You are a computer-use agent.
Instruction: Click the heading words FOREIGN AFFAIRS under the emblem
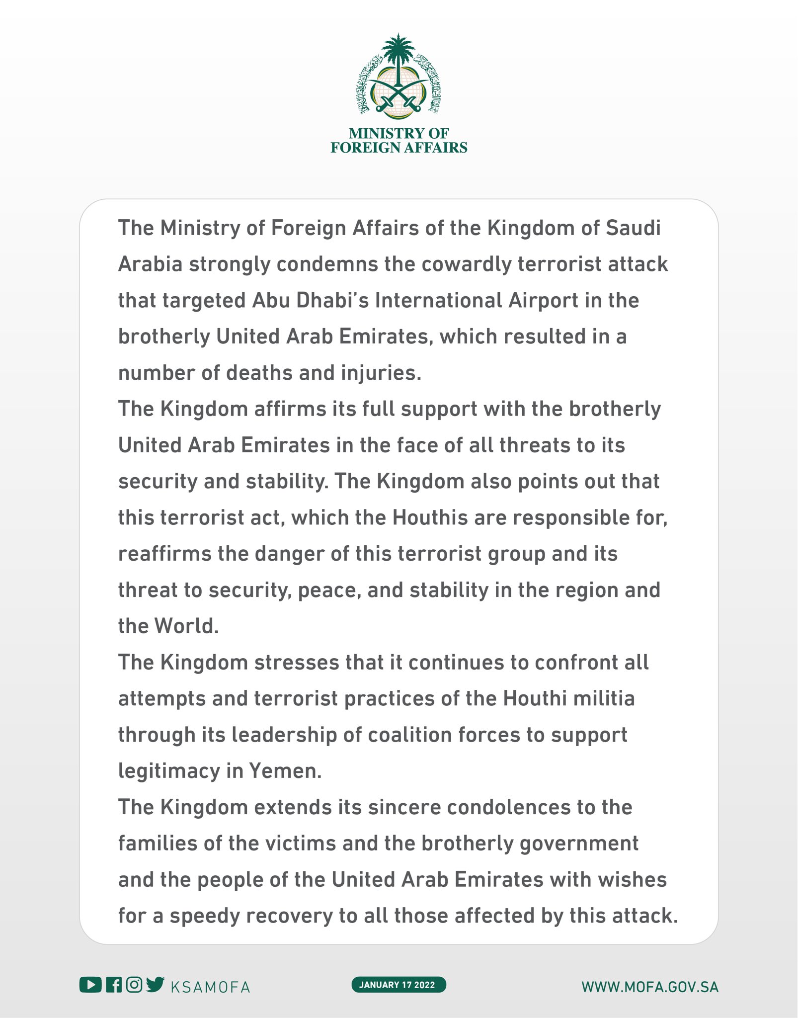point(399,148)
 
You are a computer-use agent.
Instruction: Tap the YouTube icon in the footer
point(90,985)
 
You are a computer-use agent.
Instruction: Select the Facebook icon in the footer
point(114,985)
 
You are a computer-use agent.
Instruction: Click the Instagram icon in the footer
point(134,985)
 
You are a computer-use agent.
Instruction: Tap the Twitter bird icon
point(155,984)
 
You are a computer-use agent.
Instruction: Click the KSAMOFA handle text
point(210,987)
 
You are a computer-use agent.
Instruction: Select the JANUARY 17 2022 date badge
point(399,985)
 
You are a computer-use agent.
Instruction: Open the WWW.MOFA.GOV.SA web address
point(650,987)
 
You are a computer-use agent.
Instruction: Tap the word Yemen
point(285,771)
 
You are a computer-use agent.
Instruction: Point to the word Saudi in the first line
point(633,228)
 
